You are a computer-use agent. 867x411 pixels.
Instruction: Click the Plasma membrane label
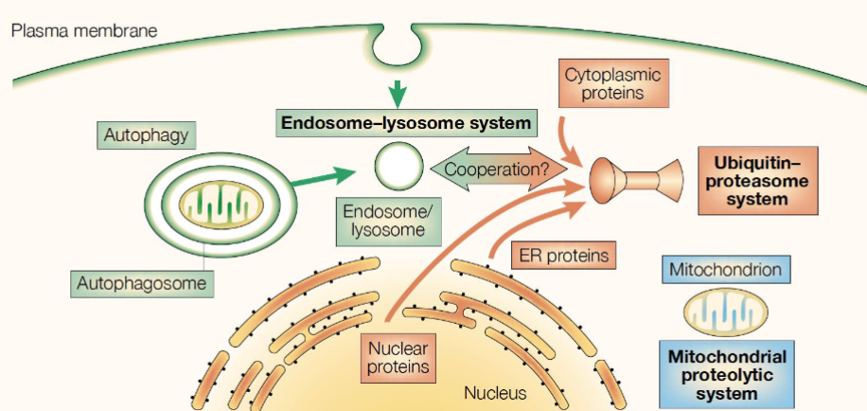coord(84,30)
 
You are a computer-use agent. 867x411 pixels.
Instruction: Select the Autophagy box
coord(146,135)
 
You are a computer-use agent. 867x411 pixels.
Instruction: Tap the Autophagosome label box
coord(142,284)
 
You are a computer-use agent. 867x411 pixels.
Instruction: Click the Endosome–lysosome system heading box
coord(406,123)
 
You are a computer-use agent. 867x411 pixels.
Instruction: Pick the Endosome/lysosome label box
coord(389,222)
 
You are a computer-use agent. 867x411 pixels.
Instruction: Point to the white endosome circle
coord(399,166)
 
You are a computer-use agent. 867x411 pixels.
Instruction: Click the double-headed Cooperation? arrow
coord(498,169)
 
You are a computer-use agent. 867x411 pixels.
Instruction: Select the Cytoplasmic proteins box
coord(613,83)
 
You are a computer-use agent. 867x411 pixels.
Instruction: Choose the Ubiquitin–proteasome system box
coord(757,180)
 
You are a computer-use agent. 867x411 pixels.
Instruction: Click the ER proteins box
coord(563,256)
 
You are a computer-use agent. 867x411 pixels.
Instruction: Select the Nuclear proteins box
coord(398,358)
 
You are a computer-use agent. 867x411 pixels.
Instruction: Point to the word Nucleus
coord(495,393)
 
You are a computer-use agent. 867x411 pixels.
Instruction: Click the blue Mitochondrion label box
coord(726,269)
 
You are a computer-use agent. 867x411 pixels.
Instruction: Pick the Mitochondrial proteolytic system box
coord(727,374)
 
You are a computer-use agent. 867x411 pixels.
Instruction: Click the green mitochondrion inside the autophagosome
coord(213,205)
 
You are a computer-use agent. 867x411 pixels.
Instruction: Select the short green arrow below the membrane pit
coord(397,94)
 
